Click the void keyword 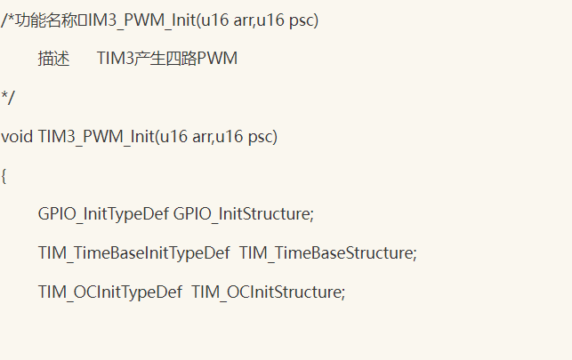(x=18, y=137)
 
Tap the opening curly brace (x=4, y=176)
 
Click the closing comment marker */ (x=7, y=97)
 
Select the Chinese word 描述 (x=54, y=59)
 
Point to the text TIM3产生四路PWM (x=167, y=59)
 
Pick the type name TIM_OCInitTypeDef (x=109, y=292)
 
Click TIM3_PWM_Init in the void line (x=95, y=137)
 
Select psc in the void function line (x=262, y=137)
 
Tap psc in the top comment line (x=301, y=20)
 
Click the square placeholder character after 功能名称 (x=85, y=20)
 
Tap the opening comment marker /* (x=7, y=20)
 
